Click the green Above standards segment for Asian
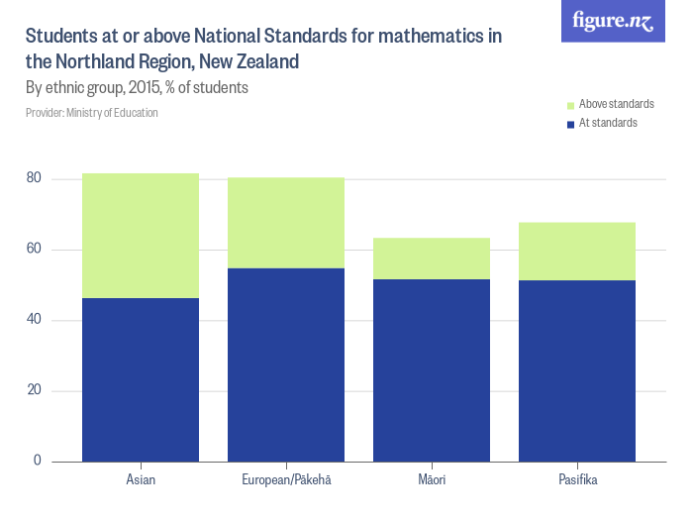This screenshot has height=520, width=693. coord(141,236)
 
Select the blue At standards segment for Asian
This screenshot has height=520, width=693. coord(141,379)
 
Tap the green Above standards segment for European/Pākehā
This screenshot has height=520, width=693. coord(286,223)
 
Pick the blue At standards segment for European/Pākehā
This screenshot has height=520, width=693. coord(286,364)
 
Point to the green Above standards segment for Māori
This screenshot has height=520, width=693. coord(432,259)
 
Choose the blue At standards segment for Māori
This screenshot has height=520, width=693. coord(432,370)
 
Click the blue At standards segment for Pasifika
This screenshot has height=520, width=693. coord(577,370)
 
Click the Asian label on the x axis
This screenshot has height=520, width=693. coord(141,480)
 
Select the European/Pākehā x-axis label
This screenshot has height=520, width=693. coord(286,480)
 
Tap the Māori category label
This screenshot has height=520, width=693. coord(432,480)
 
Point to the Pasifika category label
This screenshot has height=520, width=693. coord(577,480)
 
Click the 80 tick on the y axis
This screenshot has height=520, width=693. coord(35,179)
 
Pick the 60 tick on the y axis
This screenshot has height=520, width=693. coord(35,250)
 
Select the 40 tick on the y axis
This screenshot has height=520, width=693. coord(35,320)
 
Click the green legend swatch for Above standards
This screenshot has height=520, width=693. coord(569,105)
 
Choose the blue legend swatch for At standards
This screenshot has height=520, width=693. coord(569,124)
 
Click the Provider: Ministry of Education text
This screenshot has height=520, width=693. coord(92,113)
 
